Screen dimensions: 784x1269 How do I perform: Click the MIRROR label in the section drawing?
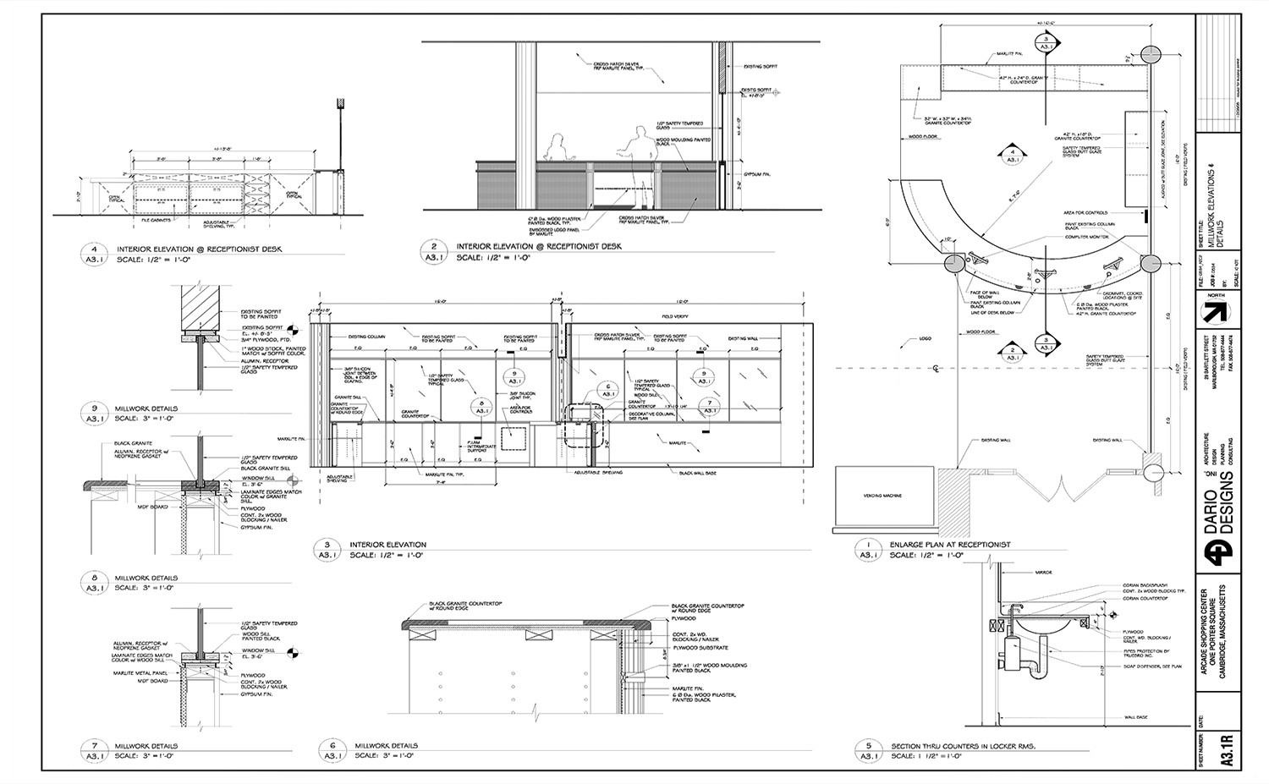(1044, 573)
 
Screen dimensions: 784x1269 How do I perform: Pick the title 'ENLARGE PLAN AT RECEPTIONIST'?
(950, 545)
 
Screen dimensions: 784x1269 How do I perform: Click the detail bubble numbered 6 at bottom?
(332, 750)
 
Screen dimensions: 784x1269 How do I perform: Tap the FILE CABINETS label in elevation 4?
(158, 220)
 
